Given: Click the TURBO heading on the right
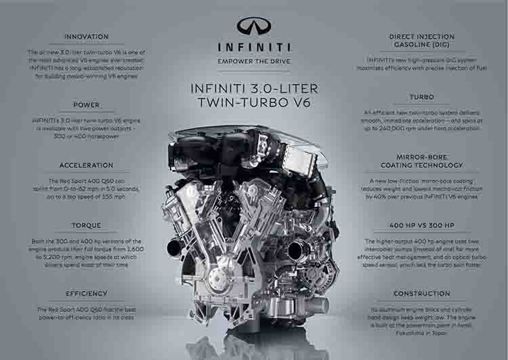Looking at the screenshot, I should click(x=421, y=97).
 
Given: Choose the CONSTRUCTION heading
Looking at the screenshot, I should click(x=421, y=294).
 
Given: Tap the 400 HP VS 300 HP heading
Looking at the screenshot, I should click(x=421, y=225).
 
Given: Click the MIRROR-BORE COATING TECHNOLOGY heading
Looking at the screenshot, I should click(x=421, y=160).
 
